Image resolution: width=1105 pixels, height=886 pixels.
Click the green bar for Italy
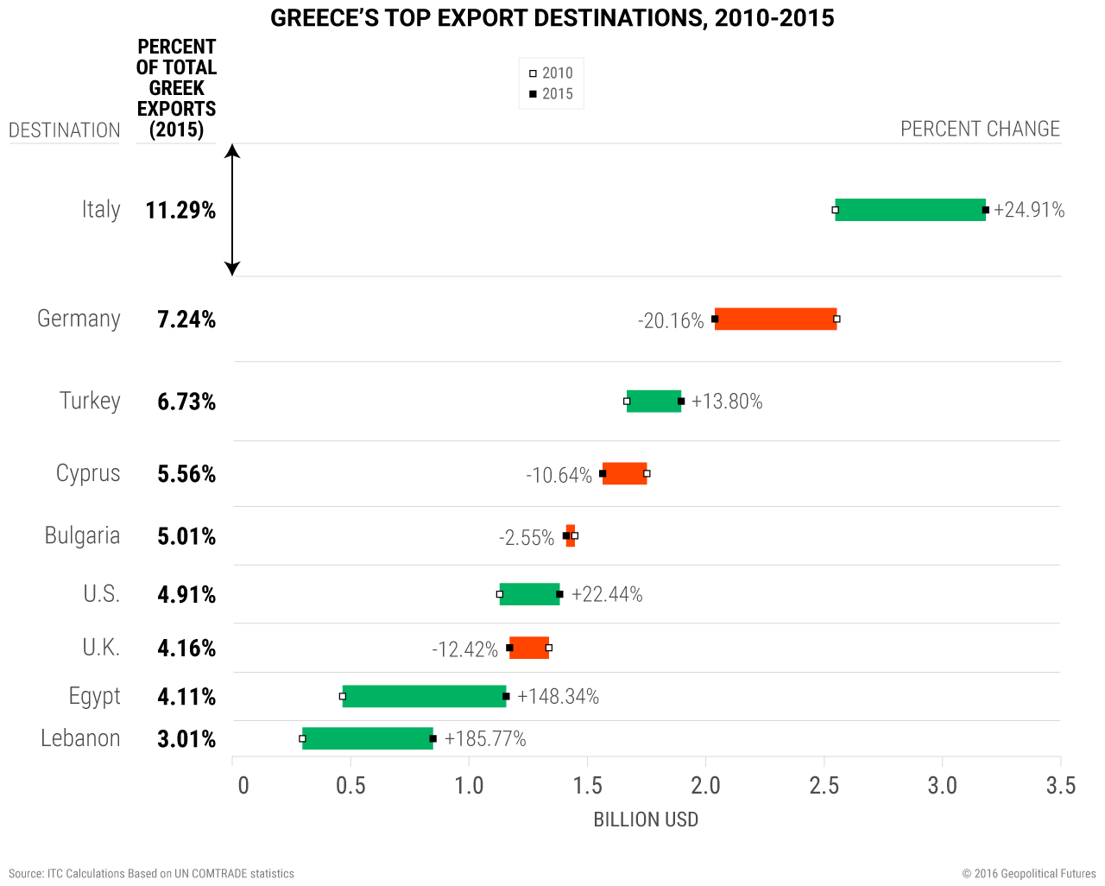click(910, 210)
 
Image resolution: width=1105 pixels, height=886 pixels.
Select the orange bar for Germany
click(775, 320)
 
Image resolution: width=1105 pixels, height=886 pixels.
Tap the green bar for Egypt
click(424, 696)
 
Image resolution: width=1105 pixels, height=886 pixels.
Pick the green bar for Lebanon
click(367, 738)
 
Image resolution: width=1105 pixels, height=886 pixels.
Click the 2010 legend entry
click(551, 73)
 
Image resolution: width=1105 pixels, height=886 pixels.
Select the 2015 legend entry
click(551, 94)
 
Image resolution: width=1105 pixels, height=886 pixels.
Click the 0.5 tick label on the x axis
click(350, 785)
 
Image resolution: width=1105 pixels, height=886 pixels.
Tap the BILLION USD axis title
click(646, 820)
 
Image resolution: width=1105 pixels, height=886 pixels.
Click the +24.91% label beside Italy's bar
click(1029, 210)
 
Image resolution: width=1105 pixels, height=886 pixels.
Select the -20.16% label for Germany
click(671, 321)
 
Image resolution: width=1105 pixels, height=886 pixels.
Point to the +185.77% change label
click(485, 739)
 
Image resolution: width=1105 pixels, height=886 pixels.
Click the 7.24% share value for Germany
click(186, 320)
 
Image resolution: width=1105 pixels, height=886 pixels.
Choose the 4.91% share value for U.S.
click(186, 594)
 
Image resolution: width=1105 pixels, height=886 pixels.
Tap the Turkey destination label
click(90, 401)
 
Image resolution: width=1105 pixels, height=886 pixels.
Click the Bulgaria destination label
click(82, 535)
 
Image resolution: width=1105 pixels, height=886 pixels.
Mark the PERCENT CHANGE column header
click(980, 129)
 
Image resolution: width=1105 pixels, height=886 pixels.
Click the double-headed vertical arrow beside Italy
click(232, 210)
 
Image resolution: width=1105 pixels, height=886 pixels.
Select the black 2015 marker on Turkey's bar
click(681, 401)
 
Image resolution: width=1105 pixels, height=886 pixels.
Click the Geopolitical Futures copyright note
click(1029, 874)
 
